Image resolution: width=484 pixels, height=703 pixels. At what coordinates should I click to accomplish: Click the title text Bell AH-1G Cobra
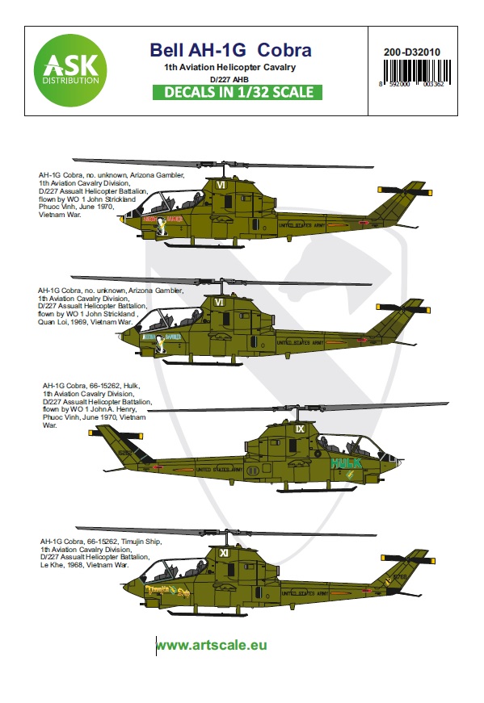click(x=230, y=50)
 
